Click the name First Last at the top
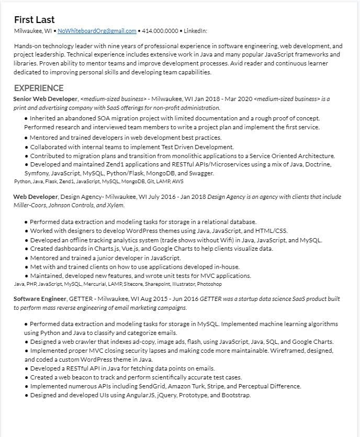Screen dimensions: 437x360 (34, 20)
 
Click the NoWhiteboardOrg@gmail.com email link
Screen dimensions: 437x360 (97, 31)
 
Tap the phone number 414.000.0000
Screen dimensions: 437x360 (160, 31)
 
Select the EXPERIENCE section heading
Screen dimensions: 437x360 (39, 88)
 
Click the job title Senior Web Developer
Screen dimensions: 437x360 (46, 98)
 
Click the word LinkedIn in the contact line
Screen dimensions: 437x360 (195, 31)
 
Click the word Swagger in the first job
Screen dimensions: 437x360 (202, 173)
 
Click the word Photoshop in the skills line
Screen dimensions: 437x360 (209, 284)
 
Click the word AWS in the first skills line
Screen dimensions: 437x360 (178, 182)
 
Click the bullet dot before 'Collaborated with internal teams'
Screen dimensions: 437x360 (27, 148)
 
